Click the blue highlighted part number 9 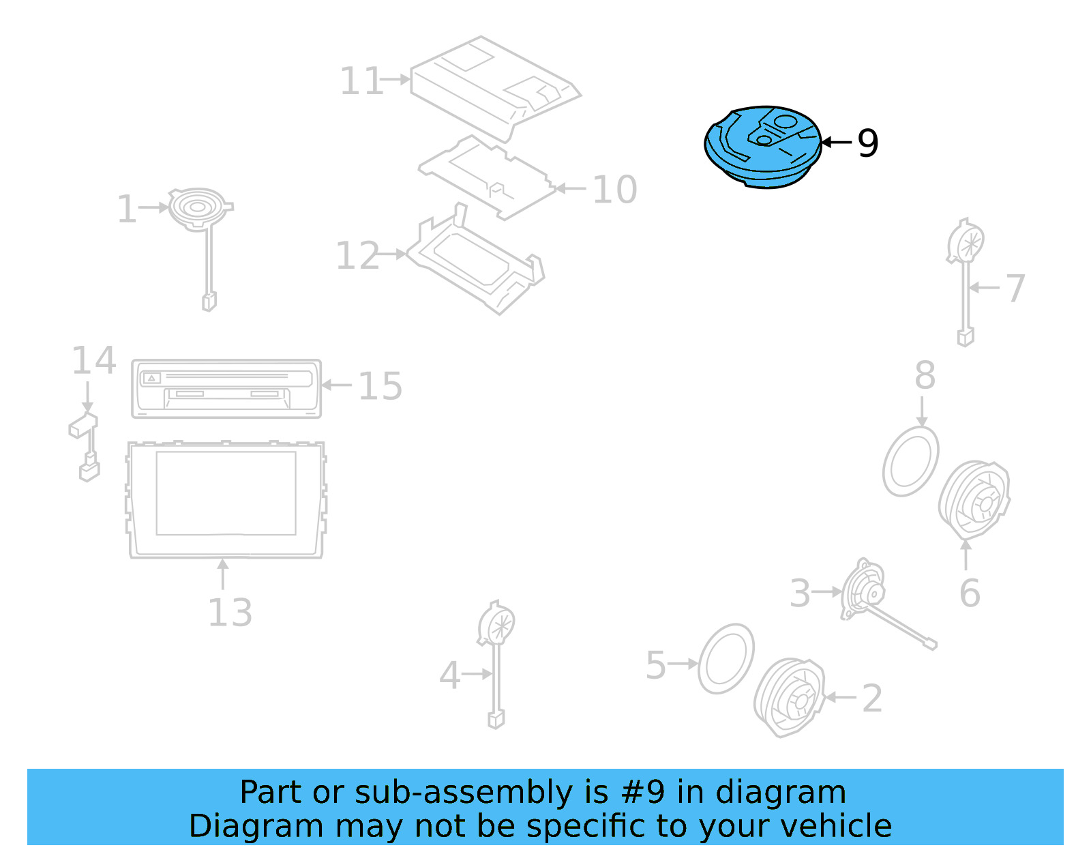[762, 147]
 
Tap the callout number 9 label [867, 143]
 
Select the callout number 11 [361, 81]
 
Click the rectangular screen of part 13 [226, 493]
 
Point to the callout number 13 [230, 612]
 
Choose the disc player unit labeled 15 [226, 388]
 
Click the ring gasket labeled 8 [910, 461]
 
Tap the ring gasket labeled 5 [726, 658]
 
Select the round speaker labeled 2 [789, 697]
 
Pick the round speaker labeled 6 [974, 500]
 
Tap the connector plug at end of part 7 [965, 337]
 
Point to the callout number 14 [94, 360]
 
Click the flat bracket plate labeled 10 [488, 177]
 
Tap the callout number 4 [449, 675]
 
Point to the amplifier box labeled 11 [494, 85]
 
